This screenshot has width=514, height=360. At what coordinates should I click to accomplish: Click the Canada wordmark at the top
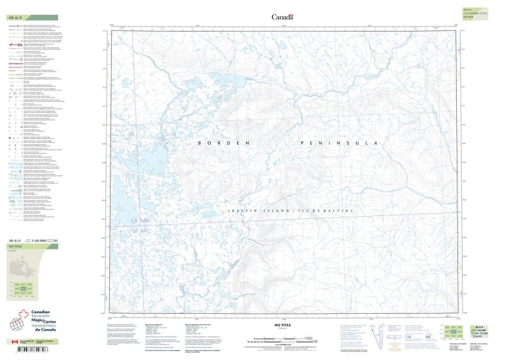pyautogui.click(x=282, y=17)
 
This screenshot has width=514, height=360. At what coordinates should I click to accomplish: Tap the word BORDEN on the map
pyautogui.click(x=214, y=143)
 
